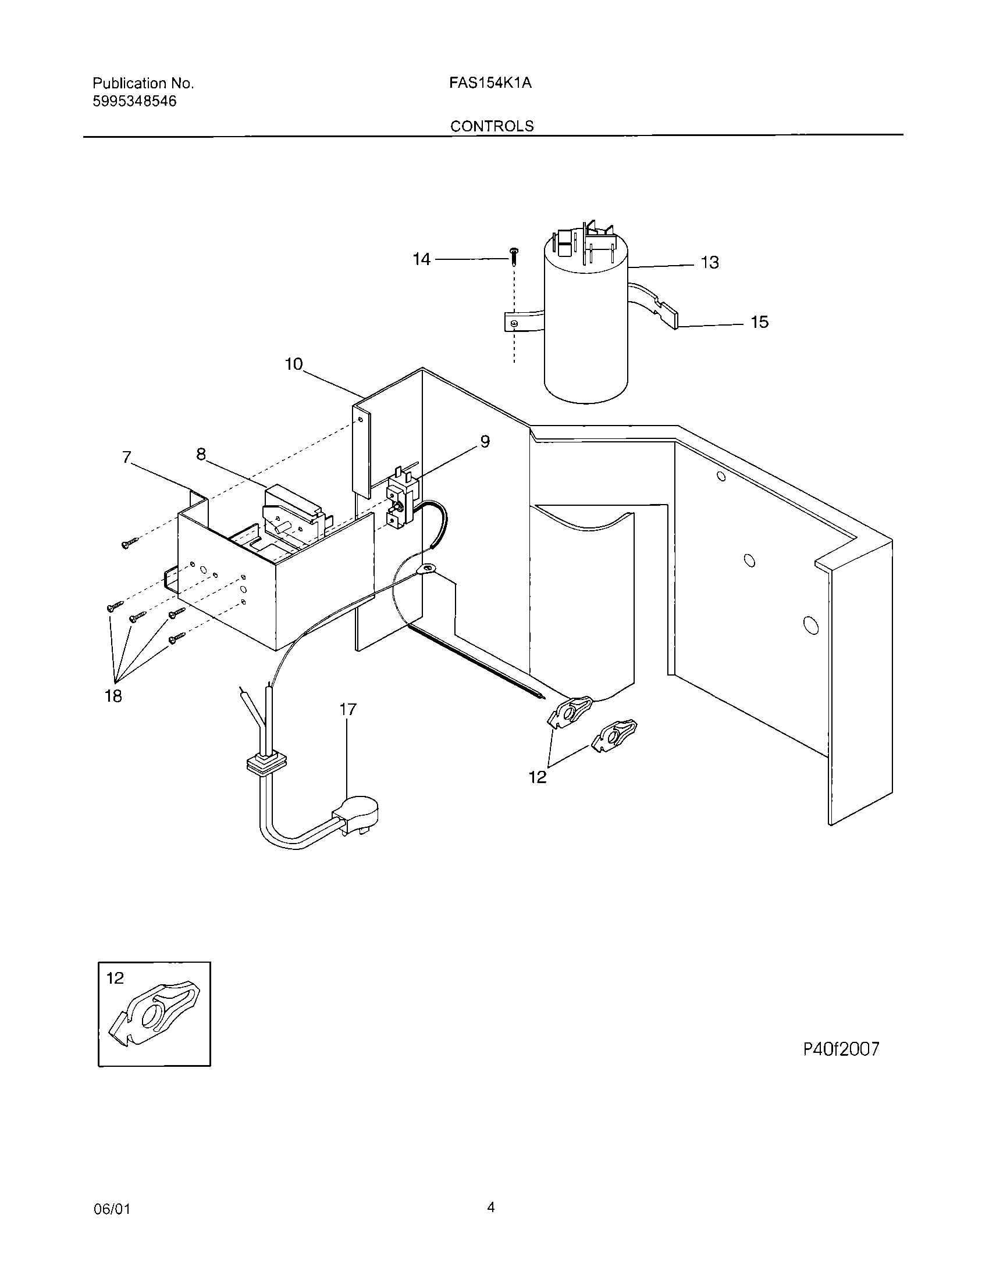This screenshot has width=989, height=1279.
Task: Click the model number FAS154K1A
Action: tap(490, 83)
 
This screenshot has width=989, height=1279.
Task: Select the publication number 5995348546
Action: tap(134, 101)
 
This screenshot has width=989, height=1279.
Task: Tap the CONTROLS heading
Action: tap(492, 126)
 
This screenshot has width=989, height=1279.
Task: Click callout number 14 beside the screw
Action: tap(421, 259)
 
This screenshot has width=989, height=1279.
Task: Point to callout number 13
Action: tap(710, 262)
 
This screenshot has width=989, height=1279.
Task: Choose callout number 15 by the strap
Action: tap(759, 322)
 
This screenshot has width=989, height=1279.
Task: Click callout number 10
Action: tap(294, 365)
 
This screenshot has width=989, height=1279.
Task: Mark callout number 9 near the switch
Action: tap(485, 442)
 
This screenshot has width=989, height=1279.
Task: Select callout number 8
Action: tap(201, 454)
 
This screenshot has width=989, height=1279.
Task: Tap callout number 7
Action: tap(127, 457)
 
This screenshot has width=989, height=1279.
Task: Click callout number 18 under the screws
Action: tap(113, 696)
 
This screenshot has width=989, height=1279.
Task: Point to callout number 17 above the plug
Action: tap(347, 710)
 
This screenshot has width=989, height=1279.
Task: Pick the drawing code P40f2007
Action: tap(841, 1049)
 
